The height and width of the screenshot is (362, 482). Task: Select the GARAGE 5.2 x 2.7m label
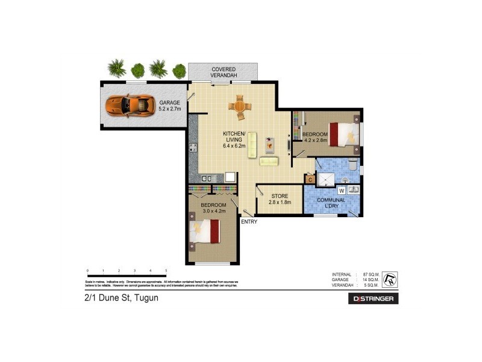coord(169,106)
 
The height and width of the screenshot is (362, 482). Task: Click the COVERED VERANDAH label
coord(223,72)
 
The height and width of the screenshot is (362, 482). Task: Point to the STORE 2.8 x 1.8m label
coord(279,199)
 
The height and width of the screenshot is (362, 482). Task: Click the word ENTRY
coord(249,221)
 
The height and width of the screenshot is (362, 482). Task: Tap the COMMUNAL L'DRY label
coord(331,203)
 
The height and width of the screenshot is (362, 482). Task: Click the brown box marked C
coord(310,179)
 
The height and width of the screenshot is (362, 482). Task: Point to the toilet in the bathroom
coord(354,164)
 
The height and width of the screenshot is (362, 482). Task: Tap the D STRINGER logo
coord(373,299)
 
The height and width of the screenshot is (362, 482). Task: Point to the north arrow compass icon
coord(390,278)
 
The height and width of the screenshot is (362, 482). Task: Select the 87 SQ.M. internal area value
coord(370,275)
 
